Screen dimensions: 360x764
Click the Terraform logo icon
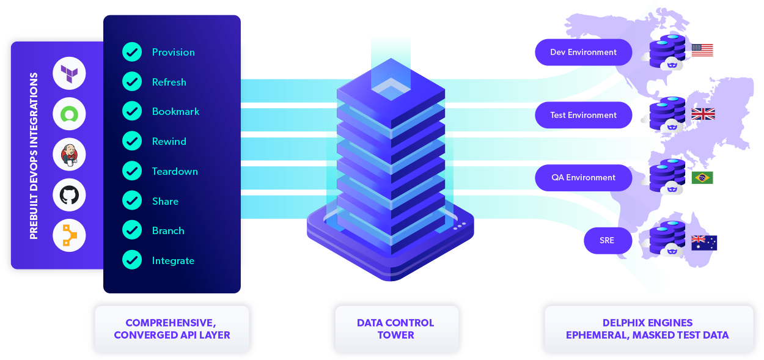(69, 75)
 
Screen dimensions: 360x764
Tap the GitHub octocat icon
(69, 196)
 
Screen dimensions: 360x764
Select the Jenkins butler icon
(69, 155)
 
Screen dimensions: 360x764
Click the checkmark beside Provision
(132, 52)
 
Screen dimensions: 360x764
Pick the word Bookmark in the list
(175, 111)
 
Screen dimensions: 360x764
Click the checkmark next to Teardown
(132, 171)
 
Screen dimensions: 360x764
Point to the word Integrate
(173, 260)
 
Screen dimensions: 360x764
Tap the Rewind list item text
(169, 141)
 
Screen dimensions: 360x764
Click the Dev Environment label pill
(583, 53)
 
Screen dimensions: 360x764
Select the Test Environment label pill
(583, 115)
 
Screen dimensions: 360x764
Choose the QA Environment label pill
(583, 178)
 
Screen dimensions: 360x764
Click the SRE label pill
(606, 240)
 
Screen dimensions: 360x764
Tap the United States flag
(702, 50)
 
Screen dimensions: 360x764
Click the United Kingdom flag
(703, 114)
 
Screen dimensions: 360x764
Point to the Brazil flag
(702, 178)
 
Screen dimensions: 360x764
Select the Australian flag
(703, 243)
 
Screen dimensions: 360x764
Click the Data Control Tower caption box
(396, 329)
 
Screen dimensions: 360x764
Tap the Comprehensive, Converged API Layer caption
(172, 329)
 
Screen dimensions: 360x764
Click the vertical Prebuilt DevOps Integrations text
(34, 156)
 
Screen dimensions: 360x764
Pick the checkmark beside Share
(132, 200)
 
